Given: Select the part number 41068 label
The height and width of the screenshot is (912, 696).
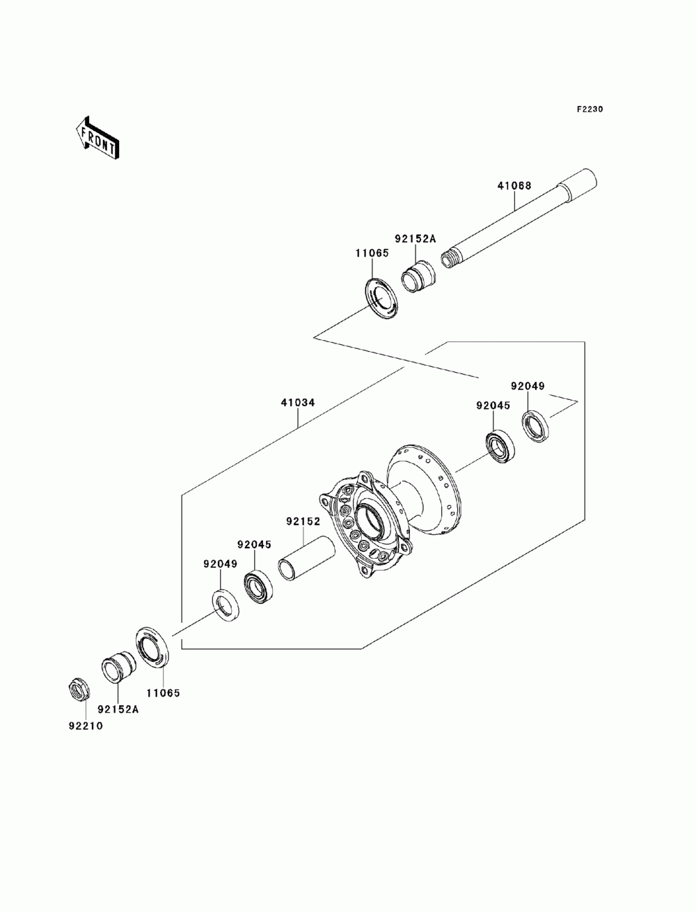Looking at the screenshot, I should point(514,186).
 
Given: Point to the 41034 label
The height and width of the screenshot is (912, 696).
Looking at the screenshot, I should point(298,403).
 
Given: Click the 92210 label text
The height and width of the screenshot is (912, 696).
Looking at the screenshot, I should point(85,725).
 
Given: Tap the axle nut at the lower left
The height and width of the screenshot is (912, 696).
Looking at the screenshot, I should point(79,689).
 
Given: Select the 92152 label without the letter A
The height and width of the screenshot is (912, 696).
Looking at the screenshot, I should point(302,520).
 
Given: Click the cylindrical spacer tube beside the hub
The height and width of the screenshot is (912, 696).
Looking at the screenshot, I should point(306,558).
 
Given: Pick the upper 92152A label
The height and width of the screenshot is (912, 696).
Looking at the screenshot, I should point(415,239).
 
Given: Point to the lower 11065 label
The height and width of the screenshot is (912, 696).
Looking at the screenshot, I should point(163,693).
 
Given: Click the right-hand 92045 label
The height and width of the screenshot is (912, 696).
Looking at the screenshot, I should point(493,405).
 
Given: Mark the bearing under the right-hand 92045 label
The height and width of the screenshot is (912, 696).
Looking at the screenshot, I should point(498,447).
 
